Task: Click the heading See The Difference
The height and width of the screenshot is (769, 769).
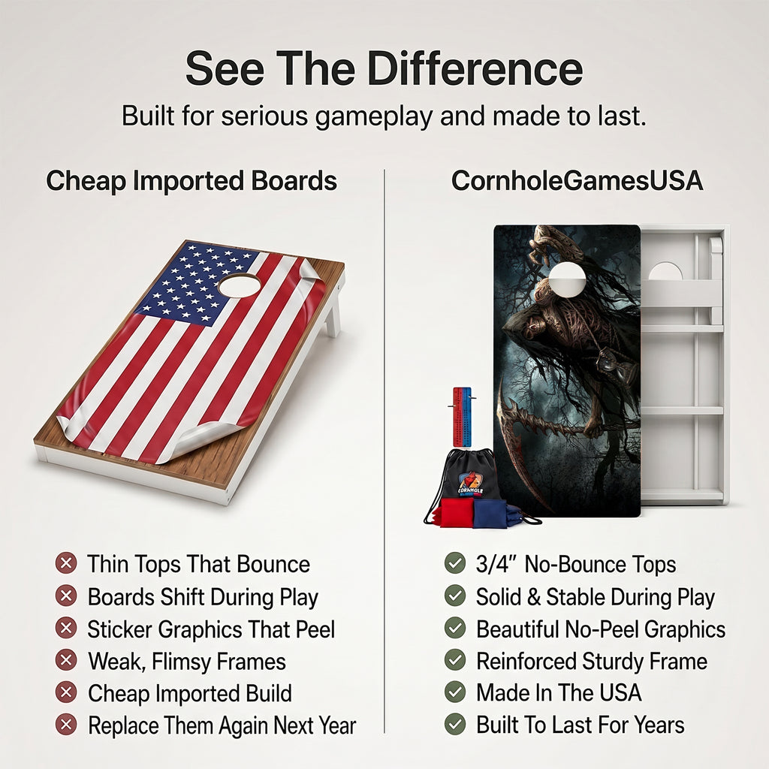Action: click(x=384, y=68)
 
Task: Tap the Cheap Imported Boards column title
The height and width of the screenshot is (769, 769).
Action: click(x=191, y=181)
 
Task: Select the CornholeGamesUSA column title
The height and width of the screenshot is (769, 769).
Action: click(x=577, y=181)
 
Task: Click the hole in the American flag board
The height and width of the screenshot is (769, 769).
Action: click(x=240, y=285)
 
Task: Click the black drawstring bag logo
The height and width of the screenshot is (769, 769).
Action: click(x=471, y=483)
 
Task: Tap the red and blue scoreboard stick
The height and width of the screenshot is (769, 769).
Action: click(x=462, y=417)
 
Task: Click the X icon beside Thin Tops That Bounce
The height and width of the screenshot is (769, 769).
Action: click(x=66, y=563)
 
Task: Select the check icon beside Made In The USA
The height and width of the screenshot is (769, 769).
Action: click(x=454, y=692)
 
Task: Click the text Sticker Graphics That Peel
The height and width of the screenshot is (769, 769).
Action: click(x=211, y=629)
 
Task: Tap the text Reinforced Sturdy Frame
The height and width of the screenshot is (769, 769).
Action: click(x=592, y=661)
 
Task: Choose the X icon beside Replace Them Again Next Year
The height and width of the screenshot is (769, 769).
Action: click(x=66, y=725)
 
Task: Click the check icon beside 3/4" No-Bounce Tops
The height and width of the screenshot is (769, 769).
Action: click(x=454, y=563)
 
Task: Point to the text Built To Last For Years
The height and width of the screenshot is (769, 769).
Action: click(x=581, y=725)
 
